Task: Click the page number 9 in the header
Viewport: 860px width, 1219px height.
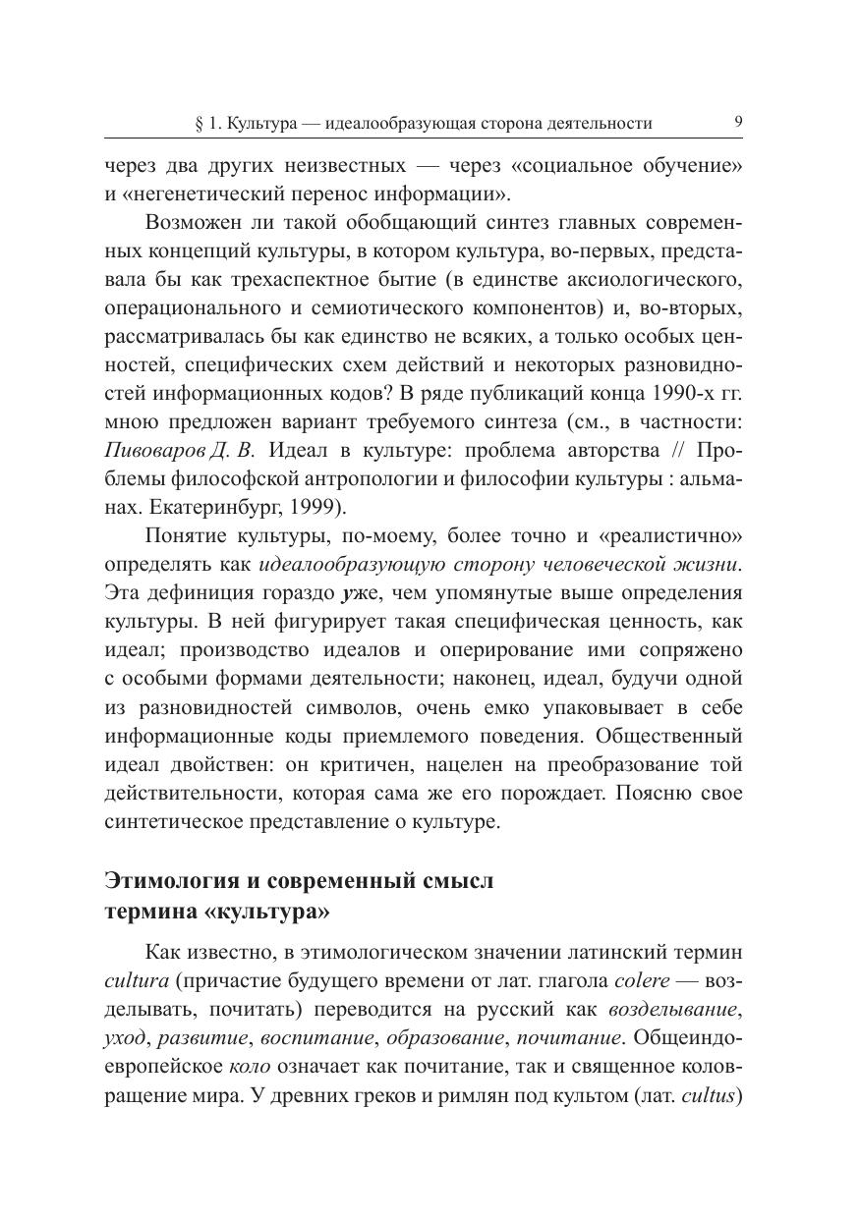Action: [738, 123]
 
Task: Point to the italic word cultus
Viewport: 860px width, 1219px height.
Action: [709, 1094]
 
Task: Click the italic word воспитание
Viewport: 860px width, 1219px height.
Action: [324, 1037]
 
